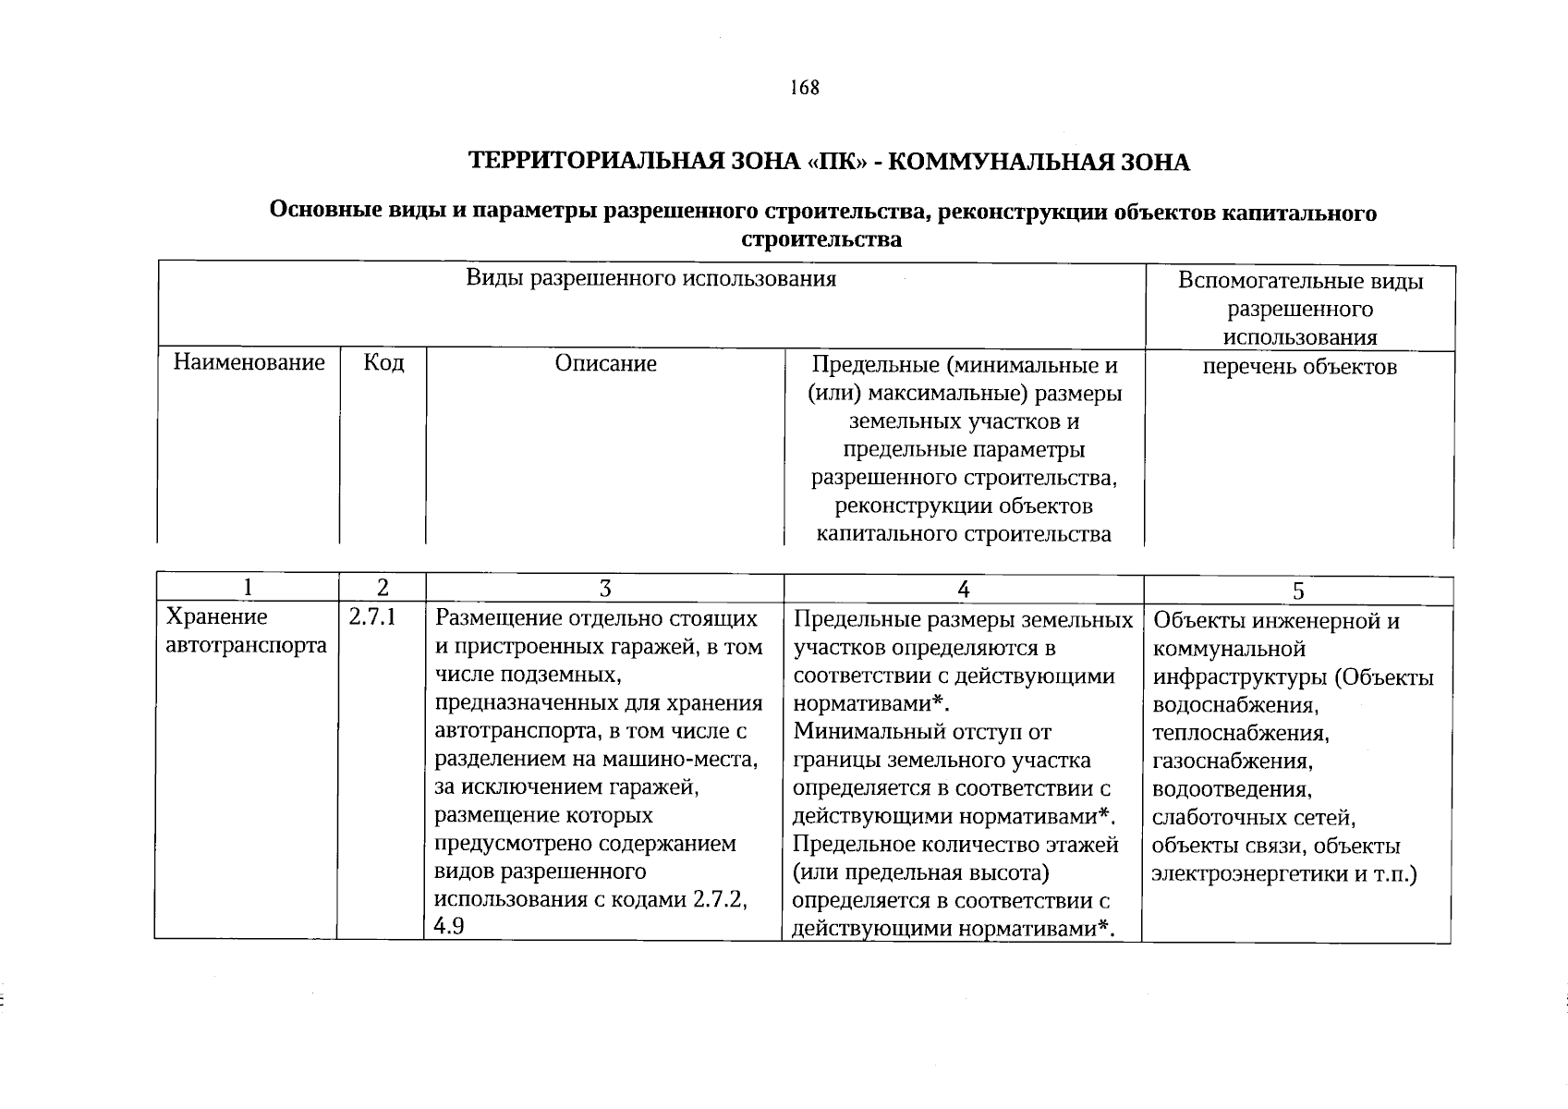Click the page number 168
click(805, 88)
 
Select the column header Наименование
click(249, 362)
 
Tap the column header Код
click(383, 362)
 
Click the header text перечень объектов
click(1299, 367)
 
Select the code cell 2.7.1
click(372, 617)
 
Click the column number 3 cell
click(605, 589)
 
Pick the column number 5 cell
click(1298, 591)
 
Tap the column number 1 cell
click(246, 588)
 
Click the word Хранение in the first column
click(216, 617)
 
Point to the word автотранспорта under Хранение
click(246, 645)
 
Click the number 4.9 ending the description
click(449, 927)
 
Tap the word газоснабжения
click(1233, 762)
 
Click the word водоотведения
click(1232, 790)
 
